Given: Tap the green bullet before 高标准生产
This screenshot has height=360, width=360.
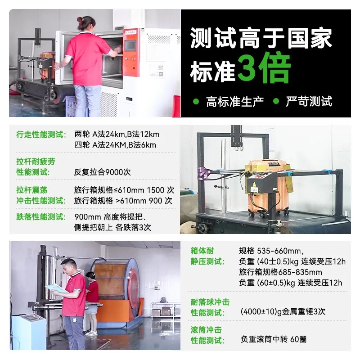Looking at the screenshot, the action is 196,101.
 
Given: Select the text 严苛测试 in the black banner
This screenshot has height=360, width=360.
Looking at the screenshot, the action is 309,101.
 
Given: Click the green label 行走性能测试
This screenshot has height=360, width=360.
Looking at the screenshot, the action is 41,134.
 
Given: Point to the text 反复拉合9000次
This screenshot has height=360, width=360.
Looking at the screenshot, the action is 103,172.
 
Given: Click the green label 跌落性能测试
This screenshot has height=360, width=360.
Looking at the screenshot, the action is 41,216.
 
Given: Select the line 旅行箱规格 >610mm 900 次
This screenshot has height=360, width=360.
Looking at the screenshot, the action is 123,201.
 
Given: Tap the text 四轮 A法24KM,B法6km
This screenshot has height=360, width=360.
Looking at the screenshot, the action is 115,145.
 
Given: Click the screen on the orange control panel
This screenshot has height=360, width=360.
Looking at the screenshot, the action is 130,45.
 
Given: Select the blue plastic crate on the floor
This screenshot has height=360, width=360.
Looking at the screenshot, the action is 72,106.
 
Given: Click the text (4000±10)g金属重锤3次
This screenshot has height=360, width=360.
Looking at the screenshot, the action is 283,311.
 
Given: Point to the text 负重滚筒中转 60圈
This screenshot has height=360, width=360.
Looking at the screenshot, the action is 274,339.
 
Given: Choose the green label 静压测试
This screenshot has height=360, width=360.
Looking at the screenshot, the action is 207,261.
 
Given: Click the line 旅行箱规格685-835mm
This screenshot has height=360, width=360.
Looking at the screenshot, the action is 280,272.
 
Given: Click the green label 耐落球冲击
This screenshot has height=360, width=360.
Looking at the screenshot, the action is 210,302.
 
